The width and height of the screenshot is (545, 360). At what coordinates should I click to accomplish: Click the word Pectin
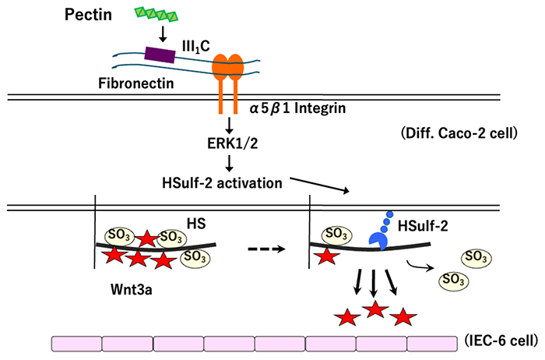tap(88, 15)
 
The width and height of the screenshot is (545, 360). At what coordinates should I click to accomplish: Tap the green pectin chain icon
tap(156, 15)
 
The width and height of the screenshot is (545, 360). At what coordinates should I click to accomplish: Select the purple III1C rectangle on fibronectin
tap(160, 55)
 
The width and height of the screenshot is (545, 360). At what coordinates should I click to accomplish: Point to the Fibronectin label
tap(136, 83)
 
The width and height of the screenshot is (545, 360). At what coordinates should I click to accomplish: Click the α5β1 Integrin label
tap(298, 108)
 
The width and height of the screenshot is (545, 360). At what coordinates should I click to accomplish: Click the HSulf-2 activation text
tap(222, 183)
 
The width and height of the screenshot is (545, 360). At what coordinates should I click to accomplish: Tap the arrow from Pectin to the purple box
tap(162, 34)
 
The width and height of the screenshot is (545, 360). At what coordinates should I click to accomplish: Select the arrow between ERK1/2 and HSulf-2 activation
tap(229, 164)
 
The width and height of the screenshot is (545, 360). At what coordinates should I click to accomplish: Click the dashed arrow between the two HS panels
tap(266, 249)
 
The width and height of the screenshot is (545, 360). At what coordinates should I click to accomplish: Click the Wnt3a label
tap(132, 290)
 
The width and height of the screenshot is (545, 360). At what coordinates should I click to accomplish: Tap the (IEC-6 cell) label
tap(501, 341)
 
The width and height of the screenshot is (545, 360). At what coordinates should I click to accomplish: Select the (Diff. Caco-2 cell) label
tap(459, 133)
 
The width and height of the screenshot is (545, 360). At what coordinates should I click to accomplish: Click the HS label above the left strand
tap(196, 224)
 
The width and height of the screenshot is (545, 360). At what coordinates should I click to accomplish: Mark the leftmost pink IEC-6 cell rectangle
tap(77, 344)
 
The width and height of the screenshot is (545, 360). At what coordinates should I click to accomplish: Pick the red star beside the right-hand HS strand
tap(327, 256)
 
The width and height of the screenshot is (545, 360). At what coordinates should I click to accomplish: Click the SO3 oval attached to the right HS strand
tap(337, 234)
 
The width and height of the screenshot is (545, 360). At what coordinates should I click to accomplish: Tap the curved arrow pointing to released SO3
tap(420, 266)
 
